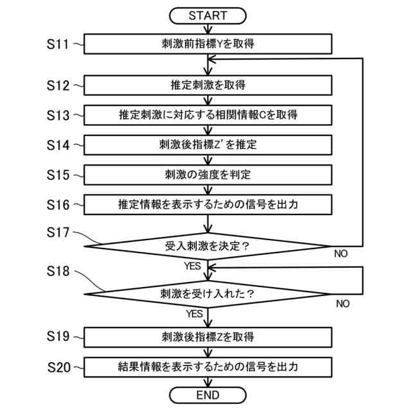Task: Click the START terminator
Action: (x=207, y=15)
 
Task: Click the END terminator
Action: (x=207, y=395)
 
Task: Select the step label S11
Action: (x=58, y=44)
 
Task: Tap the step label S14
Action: (x=58, y=145)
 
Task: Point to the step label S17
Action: (x=58, y=232)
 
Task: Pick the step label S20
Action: (x=58, y=367)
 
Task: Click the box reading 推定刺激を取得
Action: (x=208, y=85)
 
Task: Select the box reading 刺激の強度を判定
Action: (x=208, y=175)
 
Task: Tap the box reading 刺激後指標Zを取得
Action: (x=208, y=337)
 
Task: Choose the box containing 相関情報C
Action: (x=208, y=115)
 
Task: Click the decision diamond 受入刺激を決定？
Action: (x=207, y=247)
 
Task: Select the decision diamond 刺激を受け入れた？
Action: (x=207, y=294)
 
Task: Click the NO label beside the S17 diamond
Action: (x=341, y=254)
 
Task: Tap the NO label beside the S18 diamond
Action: (x=343, y=304)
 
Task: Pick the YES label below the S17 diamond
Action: (x=193, y=266)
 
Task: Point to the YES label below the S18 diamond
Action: (x=195, y=314)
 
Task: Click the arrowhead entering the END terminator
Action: (x=208, y=383)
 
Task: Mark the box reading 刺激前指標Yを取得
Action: (x=208, y=44)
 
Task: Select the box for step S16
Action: (x=208, y=205)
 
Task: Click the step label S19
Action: (x=58, y=337)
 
